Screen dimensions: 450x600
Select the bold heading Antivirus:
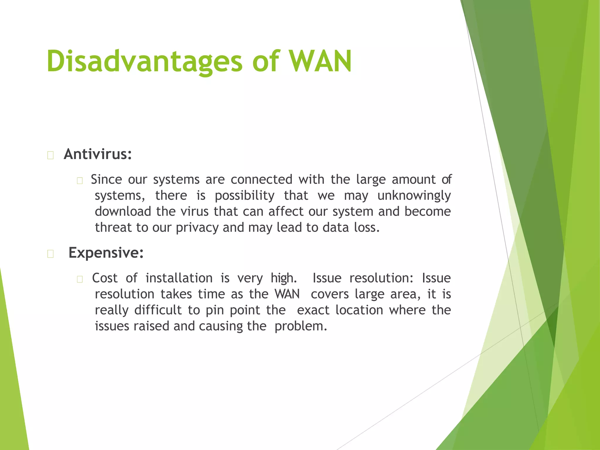tap(98, 154)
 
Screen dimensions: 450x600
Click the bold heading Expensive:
tap(106, 253)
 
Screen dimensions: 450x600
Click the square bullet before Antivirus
tap(50, 155)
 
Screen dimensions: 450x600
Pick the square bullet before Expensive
tap(50, 254)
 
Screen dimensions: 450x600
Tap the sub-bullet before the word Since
tap(80, 181)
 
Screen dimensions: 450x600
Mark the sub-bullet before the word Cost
tap(80, 279)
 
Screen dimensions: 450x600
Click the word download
tap(123, 212)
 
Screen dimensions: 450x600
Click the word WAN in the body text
tap(287, 294)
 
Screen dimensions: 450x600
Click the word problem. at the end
tap(301, 326)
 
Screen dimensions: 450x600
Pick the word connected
tap(261, 180)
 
